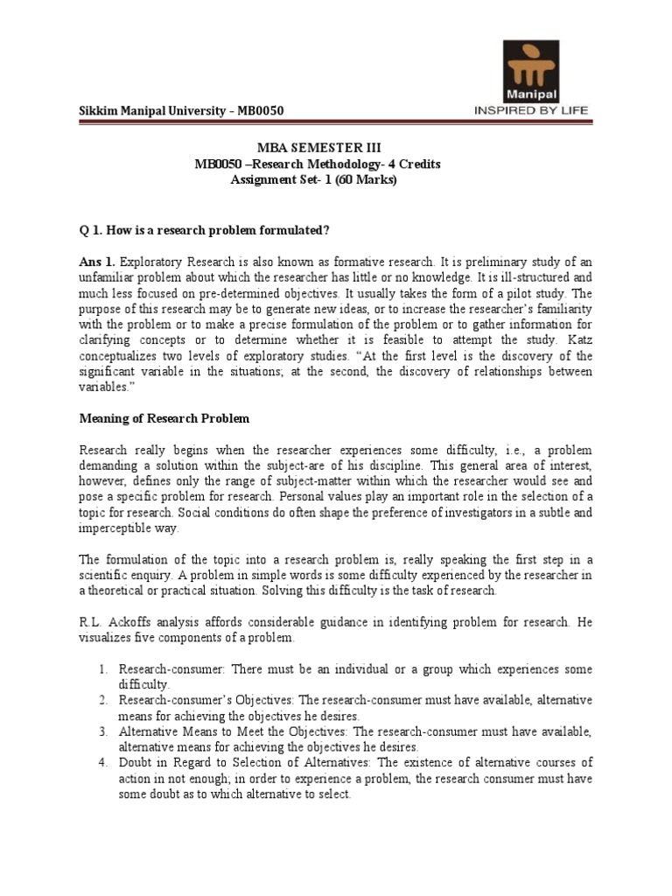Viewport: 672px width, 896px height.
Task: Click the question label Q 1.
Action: click(90, 229)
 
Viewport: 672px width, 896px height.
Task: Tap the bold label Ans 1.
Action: click(96, 261)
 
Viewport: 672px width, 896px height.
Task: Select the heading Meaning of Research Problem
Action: click(163, 418)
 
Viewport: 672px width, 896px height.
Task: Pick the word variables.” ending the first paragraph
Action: click(106, 387)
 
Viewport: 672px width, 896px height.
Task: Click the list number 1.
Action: click(102, 669)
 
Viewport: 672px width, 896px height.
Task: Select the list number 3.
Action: click(102, 731)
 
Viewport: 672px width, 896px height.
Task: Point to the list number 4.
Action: click(102, 763)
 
